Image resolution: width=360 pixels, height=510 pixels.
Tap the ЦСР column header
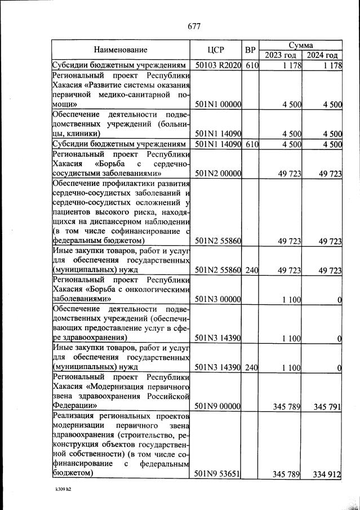coord(217,50)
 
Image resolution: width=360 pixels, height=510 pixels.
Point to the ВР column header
coord(251,50)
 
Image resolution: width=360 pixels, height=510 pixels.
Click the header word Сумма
coord(301,45)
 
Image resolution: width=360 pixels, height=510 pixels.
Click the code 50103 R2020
coord(217,66)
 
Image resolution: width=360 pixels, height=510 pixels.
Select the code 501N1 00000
coord(217,104)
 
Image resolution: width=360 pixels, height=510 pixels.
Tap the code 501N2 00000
coord(217,174)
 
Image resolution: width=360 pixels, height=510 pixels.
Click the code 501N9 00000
coord(217,406)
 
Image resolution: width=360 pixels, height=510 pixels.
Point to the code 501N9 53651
coord(217,474)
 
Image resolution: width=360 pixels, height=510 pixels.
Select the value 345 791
coord(323,406)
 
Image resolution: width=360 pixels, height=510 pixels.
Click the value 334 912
coord(323,474)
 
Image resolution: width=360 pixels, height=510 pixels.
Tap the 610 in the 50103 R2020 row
coord(251,66)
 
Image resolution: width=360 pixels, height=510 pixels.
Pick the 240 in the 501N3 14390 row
coord(251,367)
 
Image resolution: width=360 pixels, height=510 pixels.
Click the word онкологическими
coord(154,290)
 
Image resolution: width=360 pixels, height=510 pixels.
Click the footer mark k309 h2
coord(63,490)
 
